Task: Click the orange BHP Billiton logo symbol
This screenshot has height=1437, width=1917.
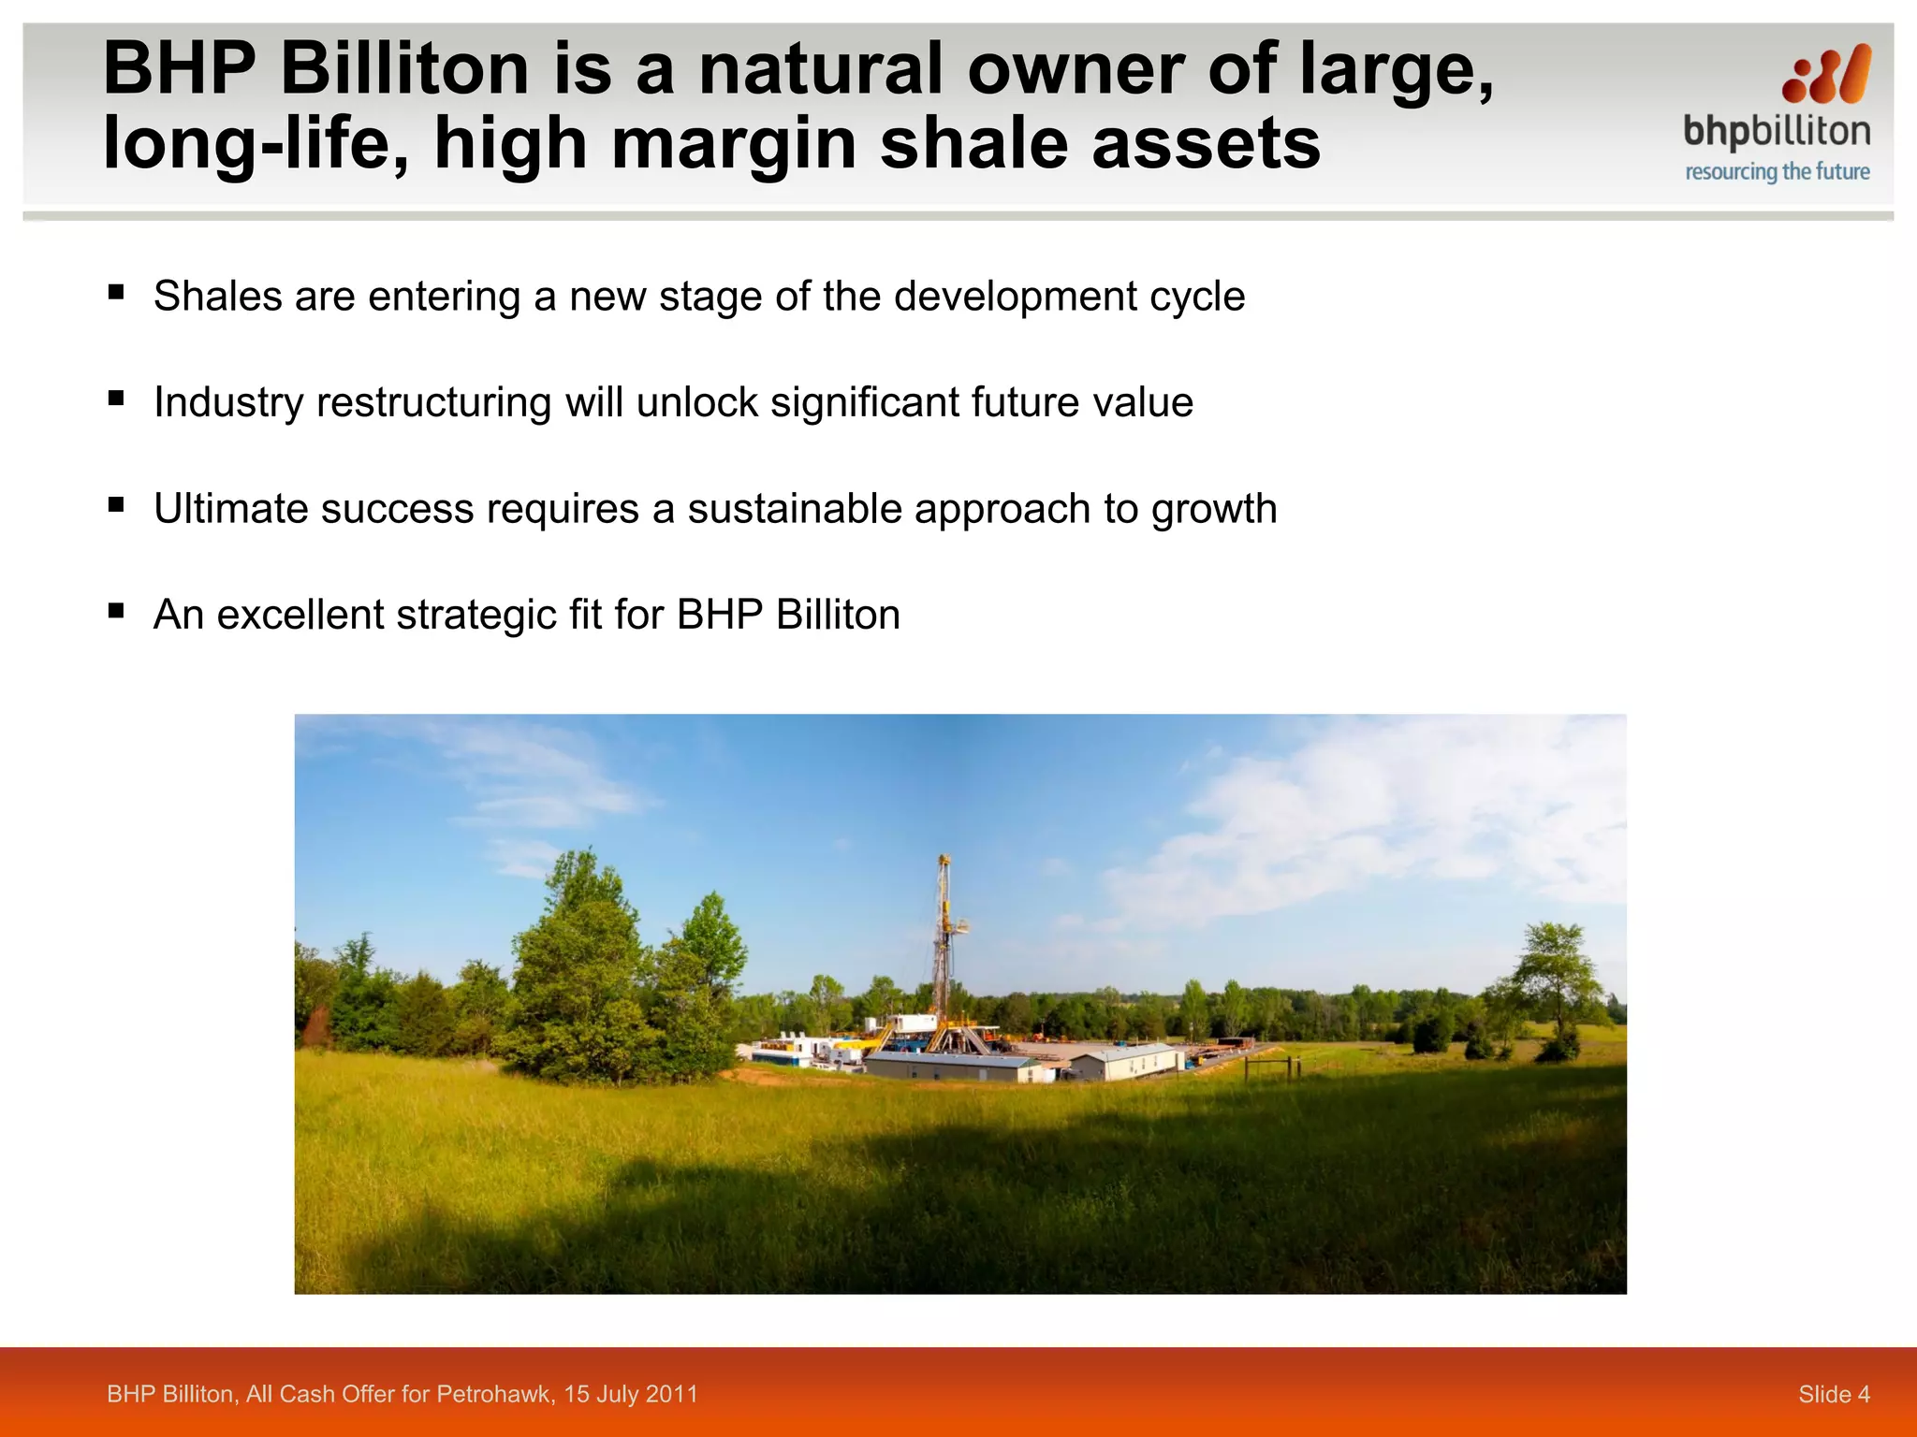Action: coord(1826,75)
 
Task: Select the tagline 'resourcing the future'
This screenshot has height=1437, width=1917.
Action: coord(1777,172)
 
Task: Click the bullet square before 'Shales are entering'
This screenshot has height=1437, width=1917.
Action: coord(116,292)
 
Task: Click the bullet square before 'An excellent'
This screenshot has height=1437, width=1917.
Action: coord(116,611)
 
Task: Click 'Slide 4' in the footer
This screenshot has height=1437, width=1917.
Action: coord(1833,1395)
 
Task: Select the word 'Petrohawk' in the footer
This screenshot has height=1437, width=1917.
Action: coord(495,1395)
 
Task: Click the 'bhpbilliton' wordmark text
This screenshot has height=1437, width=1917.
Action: coord(1777,132)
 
